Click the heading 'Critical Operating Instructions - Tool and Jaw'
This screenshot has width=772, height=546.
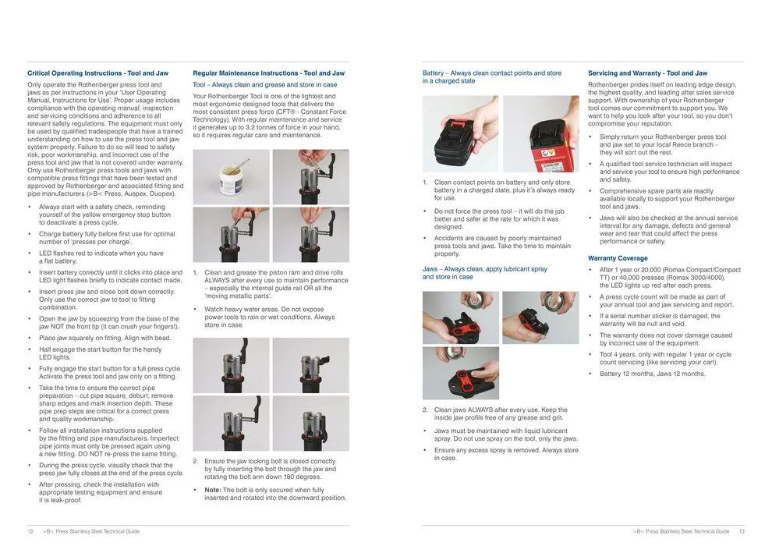coord(97,73)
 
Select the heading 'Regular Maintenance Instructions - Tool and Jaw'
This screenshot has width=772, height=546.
coord(268,73)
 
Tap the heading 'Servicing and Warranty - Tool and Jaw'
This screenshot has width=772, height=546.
coord(647,73)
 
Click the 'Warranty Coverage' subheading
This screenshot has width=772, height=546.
coord(618,258)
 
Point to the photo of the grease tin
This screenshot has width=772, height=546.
coord(231,177)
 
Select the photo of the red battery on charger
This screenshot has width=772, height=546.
coord(541,133)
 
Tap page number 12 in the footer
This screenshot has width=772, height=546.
coord(30,531)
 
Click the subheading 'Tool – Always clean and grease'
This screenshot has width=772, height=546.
coord(265,84)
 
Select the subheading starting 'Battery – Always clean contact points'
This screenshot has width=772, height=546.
coord(491,76)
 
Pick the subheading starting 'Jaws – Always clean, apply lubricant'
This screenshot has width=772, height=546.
coord(484,272)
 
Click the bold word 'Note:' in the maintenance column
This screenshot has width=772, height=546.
coord(213,490)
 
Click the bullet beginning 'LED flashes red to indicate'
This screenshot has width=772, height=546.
coord(101,257)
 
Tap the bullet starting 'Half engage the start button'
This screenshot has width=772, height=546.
coord(99,353)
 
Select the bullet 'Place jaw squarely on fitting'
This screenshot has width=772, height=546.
coord(104,338)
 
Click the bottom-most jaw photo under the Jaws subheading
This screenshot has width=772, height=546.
coord(461,374)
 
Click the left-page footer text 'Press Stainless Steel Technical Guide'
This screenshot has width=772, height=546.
coord(91,531)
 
